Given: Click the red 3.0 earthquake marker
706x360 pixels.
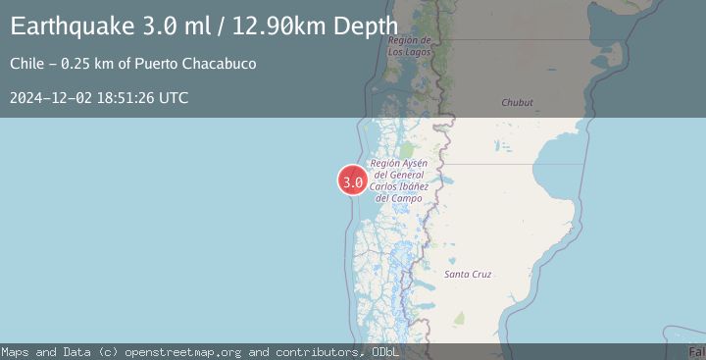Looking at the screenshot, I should pyautogui.click(x=353, y=181).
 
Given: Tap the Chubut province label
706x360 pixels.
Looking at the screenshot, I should pyautogui.click(x=517, y=102).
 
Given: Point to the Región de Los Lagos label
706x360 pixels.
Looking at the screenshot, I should pyautogui.click(x=411, y=46).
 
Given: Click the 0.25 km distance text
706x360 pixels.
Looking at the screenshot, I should pyautogui.click(x=89, y=64).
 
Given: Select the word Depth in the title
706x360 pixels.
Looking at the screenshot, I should pyautogui.click(x=368, y=26).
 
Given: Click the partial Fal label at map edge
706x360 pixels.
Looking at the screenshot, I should pyautogui.click(x=696, y=350).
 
